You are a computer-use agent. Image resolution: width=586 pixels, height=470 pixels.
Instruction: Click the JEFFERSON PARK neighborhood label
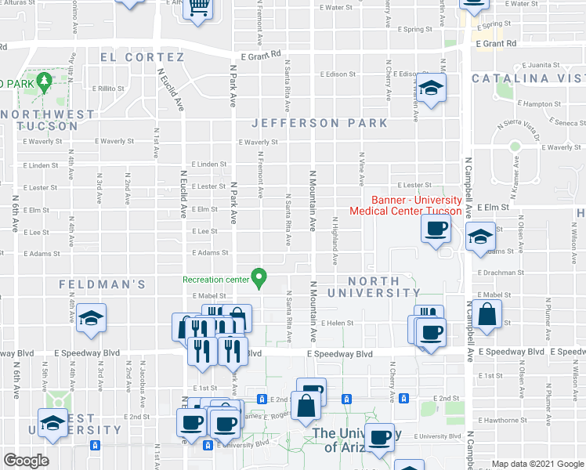pos(320,123)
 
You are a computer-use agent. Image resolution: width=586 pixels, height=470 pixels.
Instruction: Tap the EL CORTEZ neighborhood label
pos(142,57)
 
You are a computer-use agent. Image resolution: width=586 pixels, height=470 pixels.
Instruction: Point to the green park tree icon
pos(45,81)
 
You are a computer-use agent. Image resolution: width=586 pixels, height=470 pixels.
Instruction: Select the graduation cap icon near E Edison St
pos(431,88)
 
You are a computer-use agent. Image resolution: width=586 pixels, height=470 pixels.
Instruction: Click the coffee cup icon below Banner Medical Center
pos(436,229)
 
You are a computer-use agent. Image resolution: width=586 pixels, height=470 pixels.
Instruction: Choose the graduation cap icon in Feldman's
pos(91,318)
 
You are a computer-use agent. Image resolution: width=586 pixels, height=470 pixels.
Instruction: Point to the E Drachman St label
pos(499,273)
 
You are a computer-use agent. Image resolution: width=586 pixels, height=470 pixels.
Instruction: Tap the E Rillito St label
pos(108,89)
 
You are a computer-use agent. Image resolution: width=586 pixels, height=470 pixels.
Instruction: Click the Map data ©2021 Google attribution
pos(537,464)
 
